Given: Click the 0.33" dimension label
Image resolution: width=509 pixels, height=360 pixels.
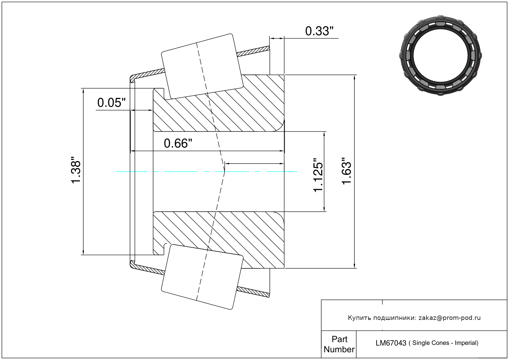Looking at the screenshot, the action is [x=319, y=31].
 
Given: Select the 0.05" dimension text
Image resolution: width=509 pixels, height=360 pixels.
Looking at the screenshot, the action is [x=111, y=103].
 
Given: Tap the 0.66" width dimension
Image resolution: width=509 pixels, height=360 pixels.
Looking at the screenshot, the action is [x=178, y=143].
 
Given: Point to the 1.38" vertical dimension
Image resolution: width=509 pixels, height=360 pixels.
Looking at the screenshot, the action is [x=76, y=170].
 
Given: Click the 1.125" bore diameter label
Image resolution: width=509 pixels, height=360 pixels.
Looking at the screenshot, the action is [x=318, y=175].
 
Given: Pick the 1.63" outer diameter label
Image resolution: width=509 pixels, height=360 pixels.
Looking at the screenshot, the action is [x=347, y=171].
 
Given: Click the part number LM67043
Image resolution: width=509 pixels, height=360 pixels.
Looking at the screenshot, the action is [x=391, y=343].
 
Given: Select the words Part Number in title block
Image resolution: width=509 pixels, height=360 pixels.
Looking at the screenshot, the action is [x=339, y=344].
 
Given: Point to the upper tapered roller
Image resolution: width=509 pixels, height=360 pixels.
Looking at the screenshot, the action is [x=202, y=66].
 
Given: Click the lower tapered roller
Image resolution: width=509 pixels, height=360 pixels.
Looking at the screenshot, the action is [x=202, y=277].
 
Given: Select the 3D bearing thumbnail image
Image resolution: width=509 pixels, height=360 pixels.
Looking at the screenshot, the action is [x=440, y=56].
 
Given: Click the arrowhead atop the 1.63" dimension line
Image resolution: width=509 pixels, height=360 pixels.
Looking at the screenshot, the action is [x=354, y=77].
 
